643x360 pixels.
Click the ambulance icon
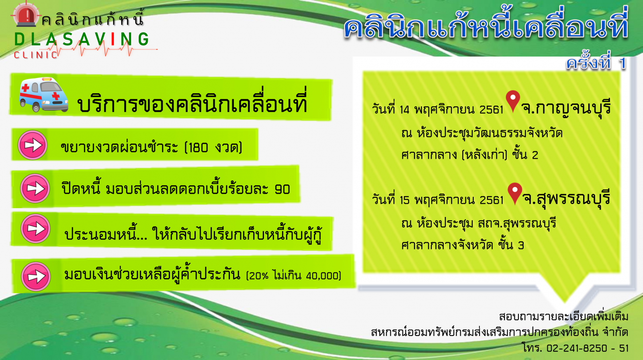(x=44, y=94)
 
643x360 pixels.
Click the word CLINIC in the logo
(x=36, y=55)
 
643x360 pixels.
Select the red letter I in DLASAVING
(x=113, y=39)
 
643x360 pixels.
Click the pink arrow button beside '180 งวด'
(x=33, y=145)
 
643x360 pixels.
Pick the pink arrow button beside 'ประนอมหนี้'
(x=36, y=229)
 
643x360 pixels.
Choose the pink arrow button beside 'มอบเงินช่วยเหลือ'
(x=36, y=276)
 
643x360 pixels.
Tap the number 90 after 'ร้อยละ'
(x=282, y=190)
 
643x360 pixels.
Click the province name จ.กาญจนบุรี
(x=566, y=108)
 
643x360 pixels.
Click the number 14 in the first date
(x=404, y=110)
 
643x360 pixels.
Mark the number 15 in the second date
(x=404, y=200)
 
